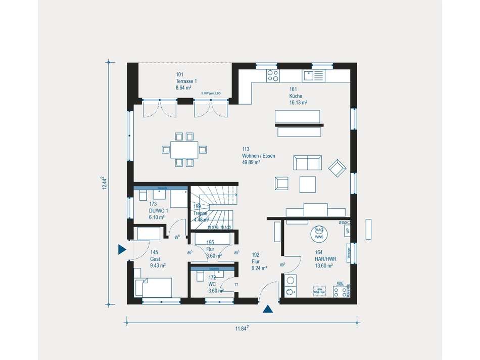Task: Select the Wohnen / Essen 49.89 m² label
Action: point(258,156)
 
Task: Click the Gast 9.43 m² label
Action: point(158,258)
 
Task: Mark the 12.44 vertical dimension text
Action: point(104,183)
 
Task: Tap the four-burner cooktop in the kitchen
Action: point(272,76)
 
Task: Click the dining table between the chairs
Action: point(184,149)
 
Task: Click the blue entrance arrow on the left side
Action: point(121,249)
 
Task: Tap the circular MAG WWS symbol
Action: point(319,233)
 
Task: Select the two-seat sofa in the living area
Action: point(307,163)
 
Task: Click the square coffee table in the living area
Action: point(307,184)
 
